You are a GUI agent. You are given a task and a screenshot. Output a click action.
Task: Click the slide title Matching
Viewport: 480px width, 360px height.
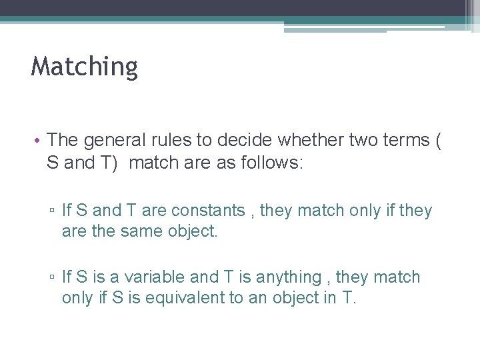click(x=84, y=67)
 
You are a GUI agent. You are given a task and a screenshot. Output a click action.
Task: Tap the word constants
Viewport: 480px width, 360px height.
click(x=208, y=211)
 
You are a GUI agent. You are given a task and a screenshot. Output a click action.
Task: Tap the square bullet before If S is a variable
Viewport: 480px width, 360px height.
click(x=52, y=277)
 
